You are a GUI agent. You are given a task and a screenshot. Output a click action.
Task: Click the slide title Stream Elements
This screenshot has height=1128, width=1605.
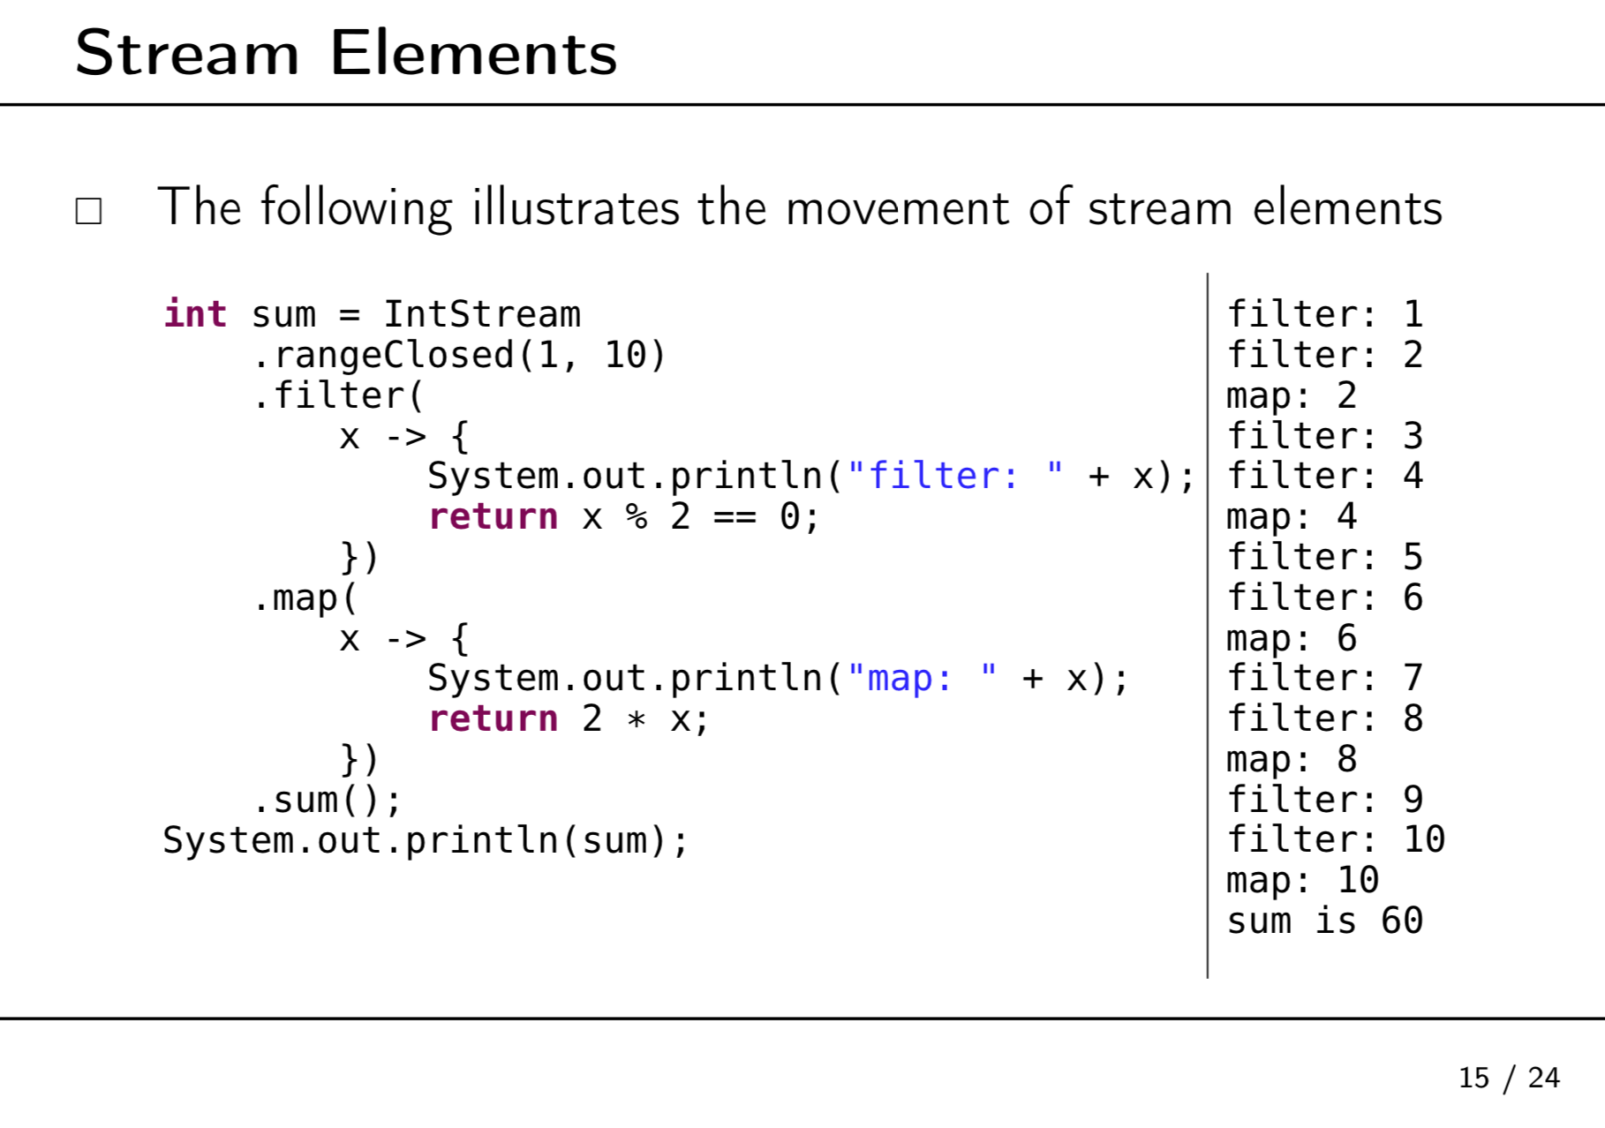(x=345, y=53)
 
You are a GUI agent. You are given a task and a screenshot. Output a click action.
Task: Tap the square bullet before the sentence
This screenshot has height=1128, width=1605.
(x=88, y=211)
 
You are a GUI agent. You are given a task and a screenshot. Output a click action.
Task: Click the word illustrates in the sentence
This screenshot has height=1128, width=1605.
(x=575, y=208)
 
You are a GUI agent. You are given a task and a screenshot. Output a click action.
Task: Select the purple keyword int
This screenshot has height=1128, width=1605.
(x=195, y=314)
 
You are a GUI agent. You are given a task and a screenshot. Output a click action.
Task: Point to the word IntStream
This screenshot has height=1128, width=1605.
(x=481, y=314)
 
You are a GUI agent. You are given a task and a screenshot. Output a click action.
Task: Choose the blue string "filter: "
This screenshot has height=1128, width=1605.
(x=954, y=476)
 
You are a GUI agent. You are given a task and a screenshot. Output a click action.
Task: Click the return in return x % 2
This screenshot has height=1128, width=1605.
(x=493, y=516)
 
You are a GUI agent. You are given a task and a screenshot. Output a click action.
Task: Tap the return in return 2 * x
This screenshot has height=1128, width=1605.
(x=493, y=718)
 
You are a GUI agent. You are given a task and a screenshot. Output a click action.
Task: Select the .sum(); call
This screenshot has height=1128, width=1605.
(x=327, y=800)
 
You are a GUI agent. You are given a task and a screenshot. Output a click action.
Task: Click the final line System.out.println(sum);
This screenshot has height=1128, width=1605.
(x=425, y=840)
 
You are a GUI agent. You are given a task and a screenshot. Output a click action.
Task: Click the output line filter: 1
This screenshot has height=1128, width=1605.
(x=1324, y=314)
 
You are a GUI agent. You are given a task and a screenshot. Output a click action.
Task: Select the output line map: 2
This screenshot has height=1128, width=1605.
(x=1291, y=395)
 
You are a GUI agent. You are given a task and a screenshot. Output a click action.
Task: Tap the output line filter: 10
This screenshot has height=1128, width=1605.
(x=1336, y=839)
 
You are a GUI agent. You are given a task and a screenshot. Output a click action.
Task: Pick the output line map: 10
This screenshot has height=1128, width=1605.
(x=1302, y=880)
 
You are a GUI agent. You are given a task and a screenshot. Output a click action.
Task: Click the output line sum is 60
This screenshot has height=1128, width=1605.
(x=1324, y=921)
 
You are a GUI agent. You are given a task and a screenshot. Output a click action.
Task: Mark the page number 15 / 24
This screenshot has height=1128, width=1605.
(x=1509, y=1078)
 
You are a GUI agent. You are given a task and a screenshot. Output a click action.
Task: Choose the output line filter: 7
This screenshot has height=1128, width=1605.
(x=1324, y=678)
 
